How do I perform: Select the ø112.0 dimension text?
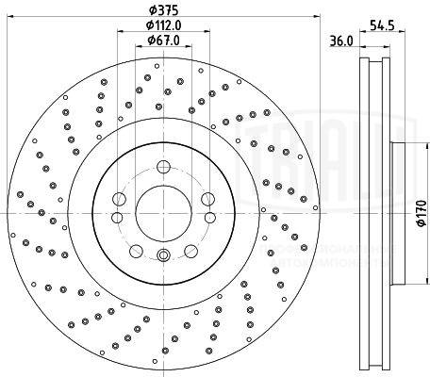click(x=163, y=25)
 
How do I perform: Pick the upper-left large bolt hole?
click(x=119, y=199)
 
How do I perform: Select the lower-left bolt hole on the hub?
click(x=136, y=250)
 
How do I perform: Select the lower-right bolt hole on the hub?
click(x=190, y=250)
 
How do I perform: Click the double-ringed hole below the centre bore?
click(x=162, y=255)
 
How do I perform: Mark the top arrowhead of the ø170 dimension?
click(x=407, y=146)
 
